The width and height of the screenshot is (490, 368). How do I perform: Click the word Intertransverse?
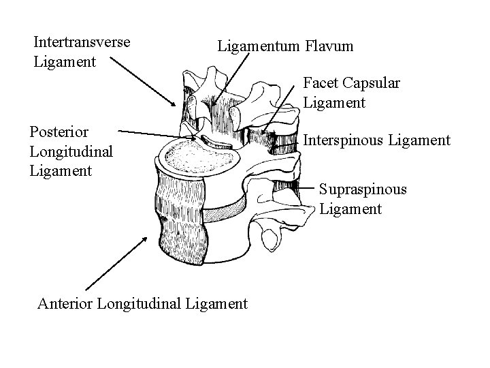(82, 42)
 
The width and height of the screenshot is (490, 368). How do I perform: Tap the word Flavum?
(330, 46)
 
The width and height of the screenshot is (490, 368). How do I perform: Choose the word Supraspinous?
(363, 189)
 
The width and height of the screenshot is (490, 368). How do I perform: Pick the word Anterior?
(66, 303)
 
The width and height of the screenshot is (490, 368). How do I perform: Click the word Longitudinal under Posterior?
(71, 150)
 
